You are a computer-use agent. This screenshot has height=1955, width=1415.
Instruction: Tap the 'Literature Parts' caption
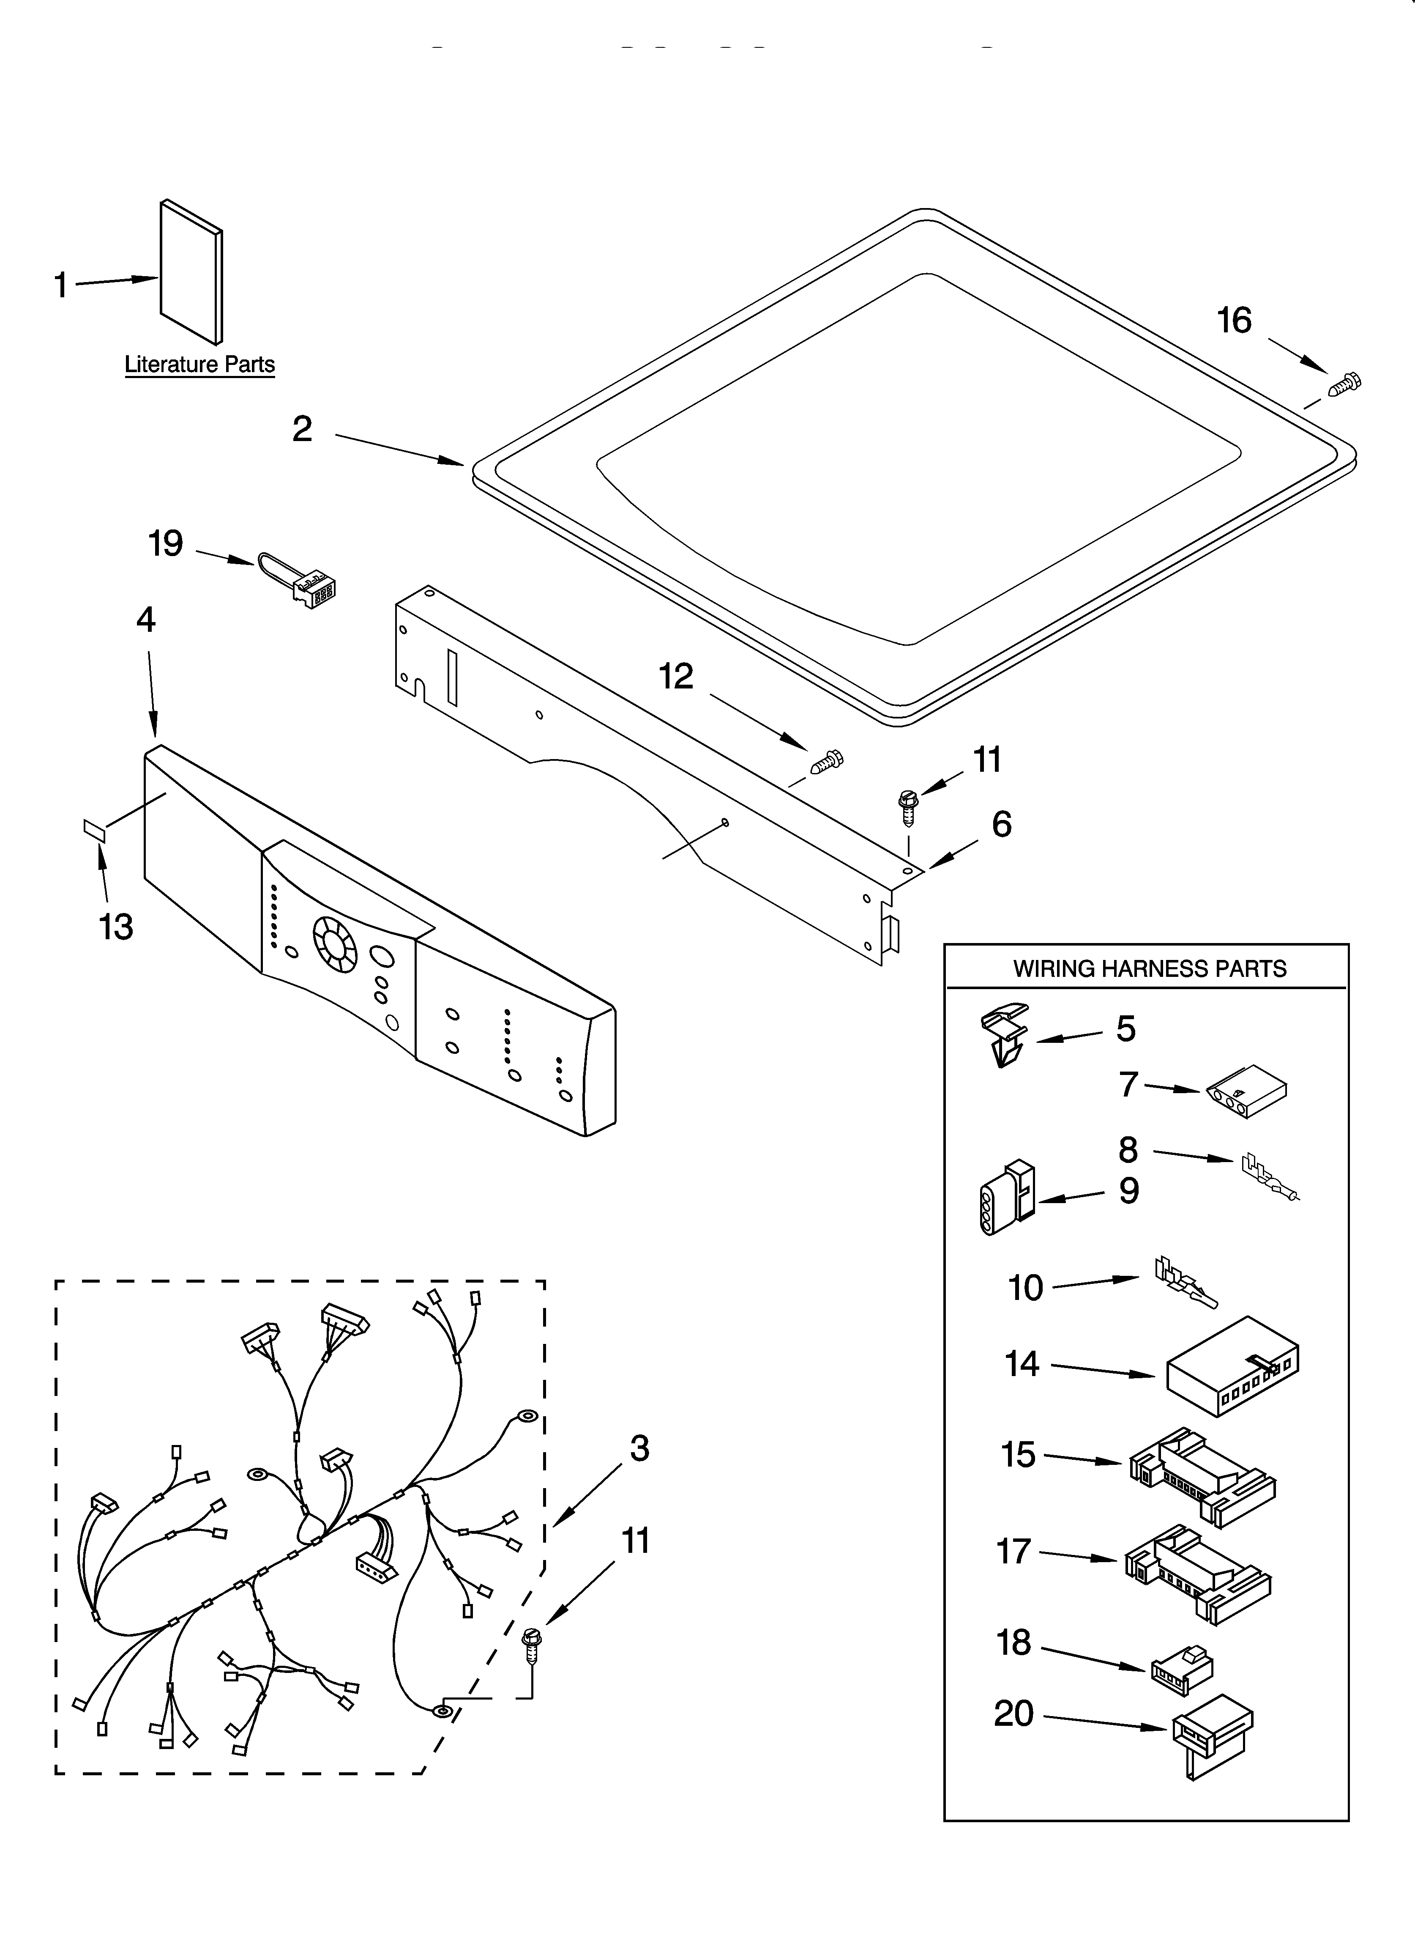tap(200, 365)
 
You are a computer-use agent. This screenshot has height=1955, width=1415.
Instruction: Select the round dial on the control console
tap(334, 940)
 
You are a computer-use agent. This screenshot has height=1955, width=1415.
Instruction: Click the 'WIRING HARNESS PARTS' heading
tap(1149, 969)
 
